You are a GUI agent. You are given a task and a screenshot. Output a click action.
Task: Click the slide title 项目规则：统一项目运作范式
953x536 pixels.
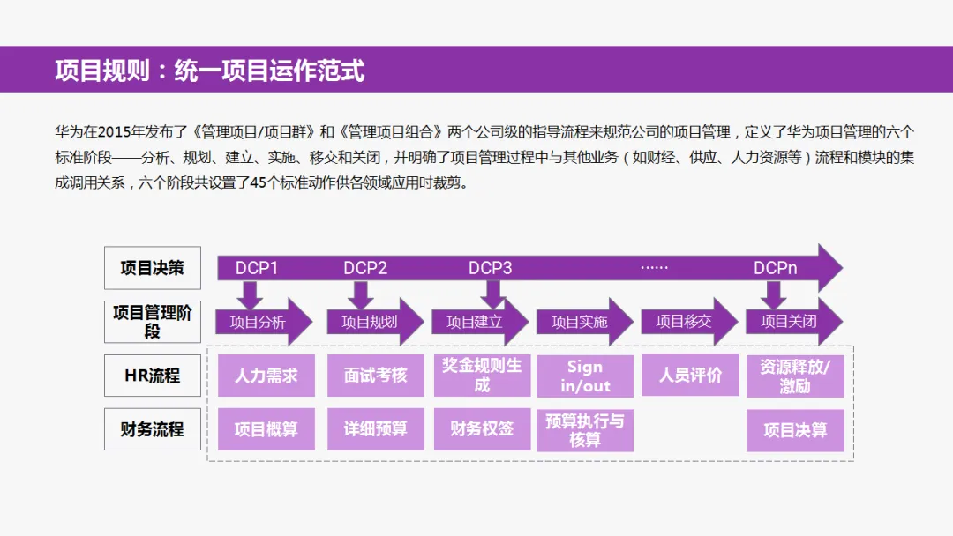[x=209, y=71]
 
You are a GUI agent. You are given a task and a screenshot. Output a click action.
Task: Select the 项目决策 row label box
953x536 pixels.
[x=153, y=268]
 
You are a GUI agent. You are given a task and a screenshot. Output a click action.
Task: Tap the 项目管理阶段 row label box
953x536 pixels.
[x=153, y=322]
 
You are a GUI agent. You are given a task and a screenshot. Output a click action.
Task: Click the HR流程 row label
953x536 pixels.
[x=153, y=376]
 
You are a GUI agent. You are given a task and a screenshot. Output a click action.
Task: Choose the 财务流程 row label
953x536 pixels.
[x=153, y=429]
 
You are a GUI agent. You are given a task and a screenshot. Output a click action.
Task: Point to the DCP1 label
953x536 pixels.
[x=257, y=268]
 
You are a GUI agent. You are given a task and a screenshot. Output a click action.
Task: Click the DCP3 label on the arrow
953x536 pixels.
[x=491, y=268]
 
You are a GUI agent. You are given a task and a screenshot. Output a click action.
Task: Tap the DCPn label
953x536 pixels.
[x=776, y=268]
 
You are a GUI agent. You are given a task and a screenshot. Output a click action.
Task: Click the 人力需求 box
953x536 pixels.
[x=266, y=376]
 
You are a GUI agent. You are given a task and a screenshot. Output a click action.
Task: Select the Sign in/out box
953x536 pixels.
[x=584, y=376]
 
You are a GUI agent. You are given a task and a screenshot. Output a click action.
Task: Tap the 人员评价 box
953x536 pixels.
[x=690, y=376]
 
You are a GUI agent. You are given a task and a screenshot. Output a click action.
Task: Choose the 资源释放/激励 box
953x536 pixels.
[x=795, y=376]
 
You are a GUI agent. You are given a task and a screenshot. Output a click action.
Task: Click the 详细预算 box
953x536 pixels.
[x=376, y=429]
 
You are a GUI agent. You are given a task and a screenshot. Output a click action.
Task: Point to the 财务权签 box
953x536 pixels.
[x=482, y=429]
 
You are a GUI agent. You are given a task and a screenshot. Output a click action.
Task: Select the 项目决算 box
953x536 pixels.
[x=795, y=430]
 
